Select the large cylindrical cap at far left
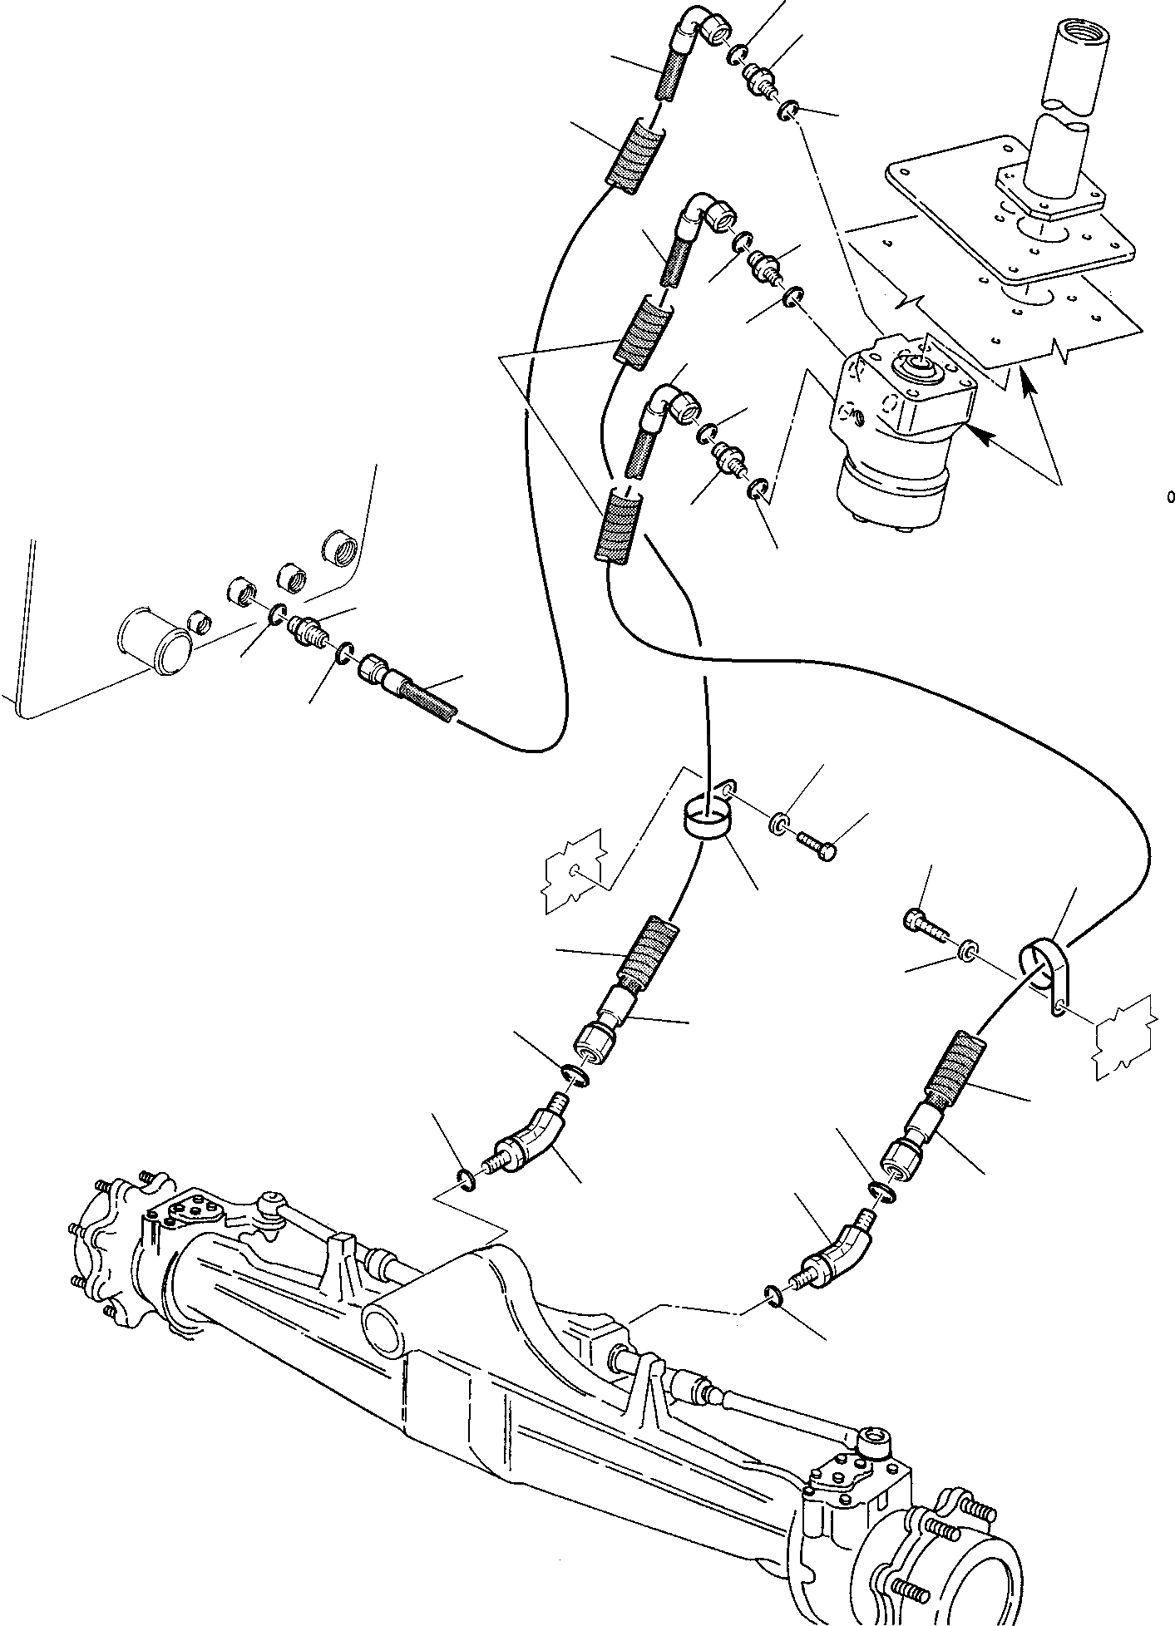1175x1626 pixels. (x=155, y=637)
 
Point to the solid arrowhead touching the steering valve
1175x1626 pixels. (x=980, y=435)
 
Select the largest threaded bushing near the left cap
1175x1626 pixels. (x=339, y=547)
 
